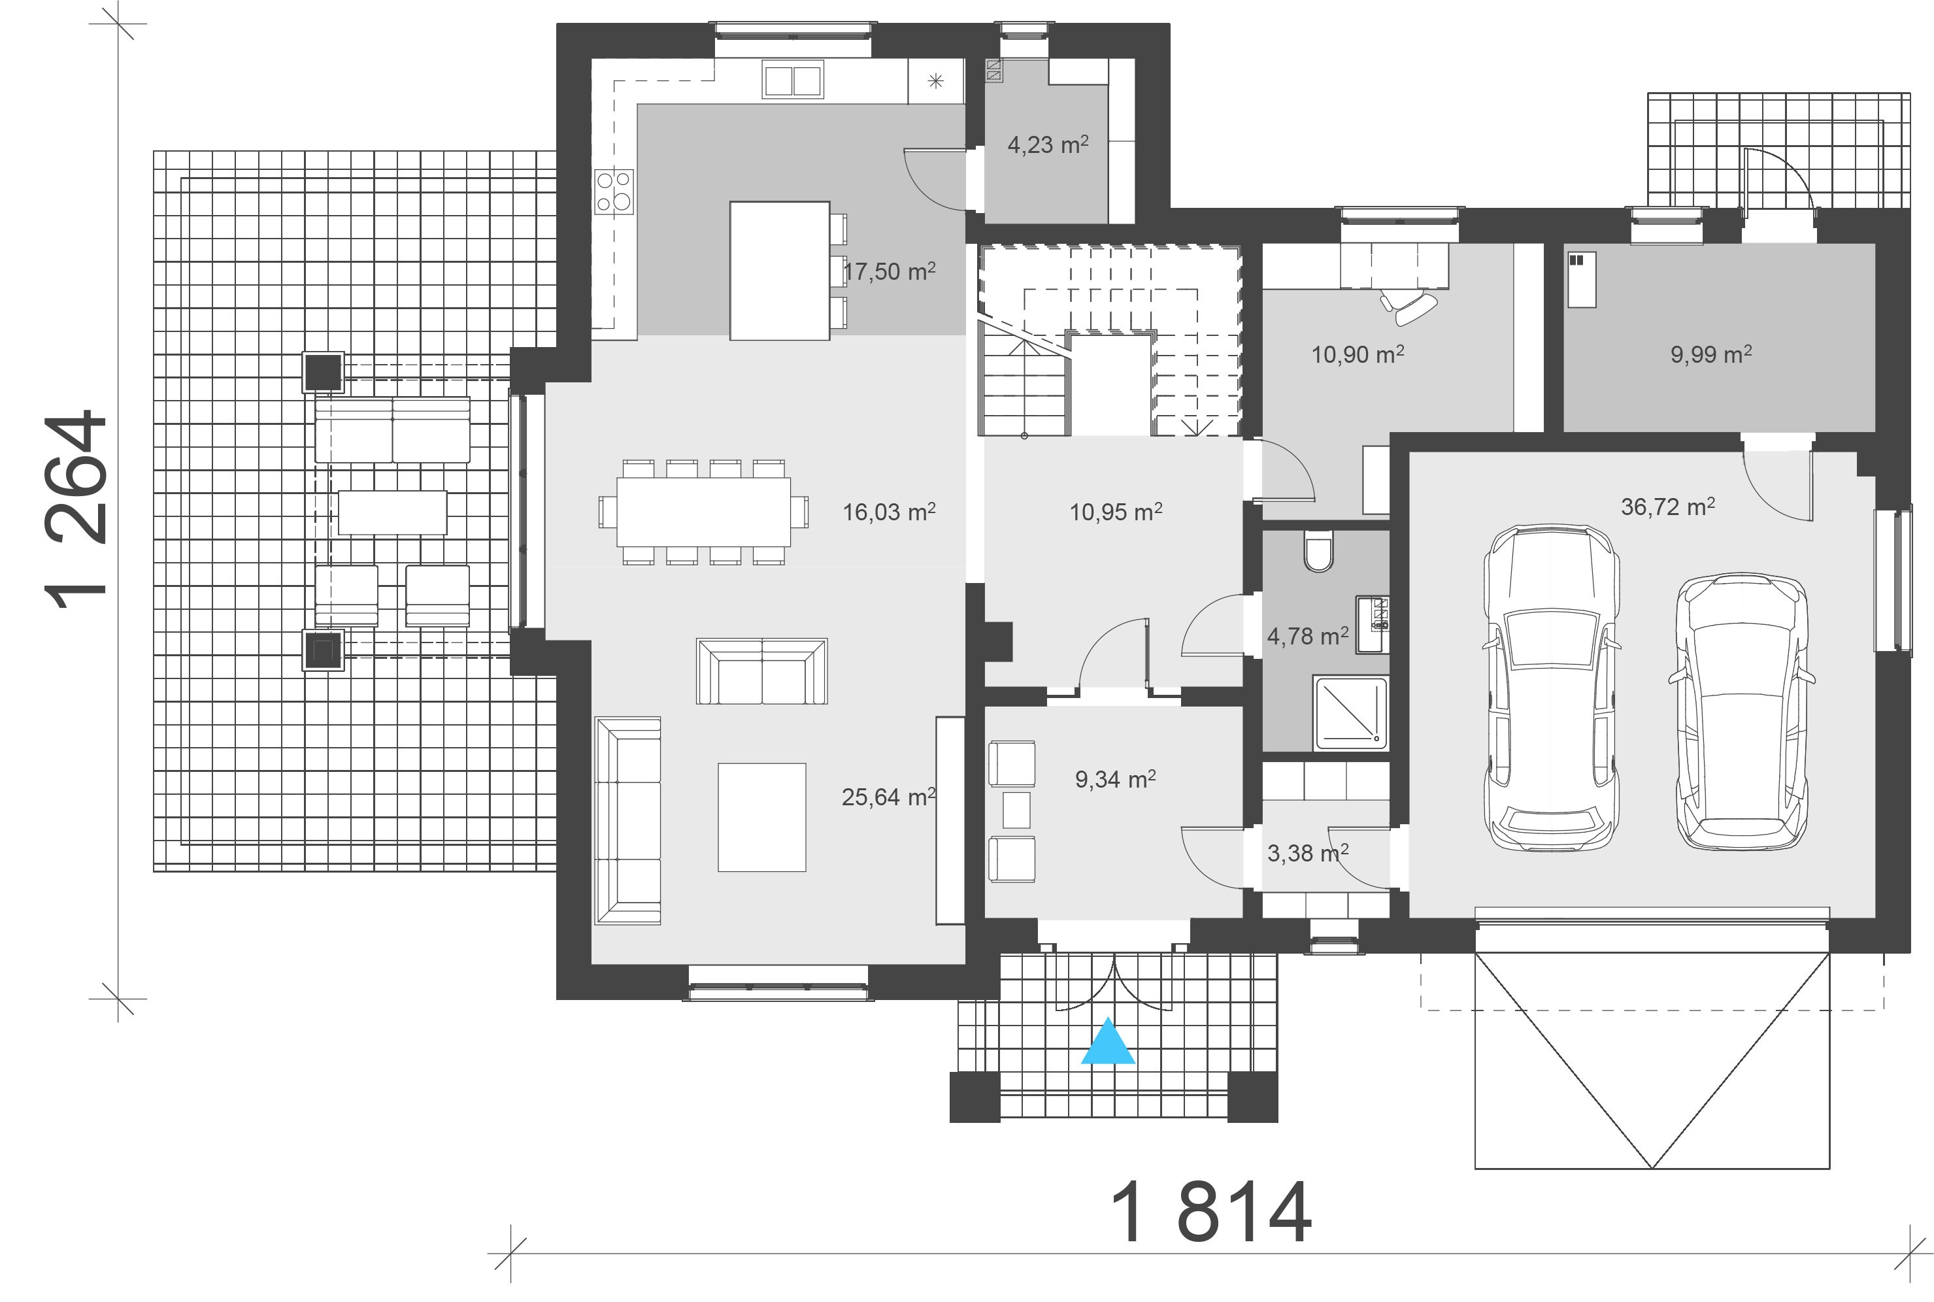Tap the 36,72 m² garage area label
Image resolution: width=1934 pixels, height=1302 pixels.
tap(1667, 507)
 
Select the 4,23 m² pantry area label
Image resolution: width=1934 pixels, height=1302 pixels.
tap(1047, 145)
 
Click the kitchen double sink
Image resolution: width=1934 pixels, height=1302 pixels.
tap(792, 81)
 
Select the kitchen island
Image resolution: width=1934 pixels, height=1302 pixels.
tap(779, 271)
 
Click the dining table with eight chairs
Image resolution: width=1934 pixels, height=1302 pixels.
tap(703, 512)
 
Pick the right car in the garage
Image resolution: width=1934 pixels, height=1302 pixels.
tap(1741, 712)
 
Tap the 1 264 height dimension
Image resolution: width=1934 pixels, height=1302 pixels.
tap(76, 510)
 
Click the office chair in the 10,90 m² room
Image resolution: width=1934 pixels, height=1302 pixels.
tap(1412, 307)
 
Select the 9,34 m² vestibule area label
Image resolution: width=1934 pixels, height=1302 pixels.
tap(1114, 779)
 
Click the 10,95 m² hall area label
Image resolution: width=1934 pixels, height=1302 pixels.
tap(1114, 512)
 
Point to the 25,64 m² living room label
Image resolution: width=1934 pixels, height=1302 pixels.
tap(888, 797)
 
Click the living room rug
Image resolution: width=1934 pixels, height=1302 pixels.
tap(761, 817)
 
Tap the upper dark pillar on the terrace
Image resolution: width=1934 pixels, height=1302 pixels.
tap(322, 371)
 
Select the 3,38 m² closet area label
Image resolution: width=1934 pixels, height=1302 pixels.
tap(1307, 853)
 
